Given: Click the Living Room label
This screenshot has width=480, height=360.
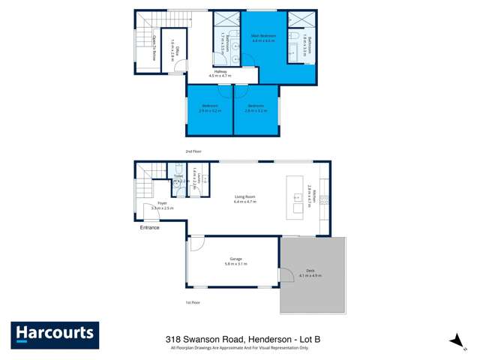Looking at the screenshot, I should click(x=245, y=199).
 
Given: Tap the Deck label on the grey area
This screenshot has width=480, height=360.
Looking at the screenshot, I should click(x=310, y=273).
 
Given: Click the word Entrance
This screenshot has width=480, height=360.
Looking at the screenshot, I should click(x=148, y=227).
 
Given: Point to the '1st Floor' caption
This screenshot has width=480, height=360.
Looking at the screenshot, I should click(x=193, y=302).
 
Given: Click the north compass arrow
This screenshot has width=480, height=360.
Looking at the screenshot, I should click(x=454, y=341).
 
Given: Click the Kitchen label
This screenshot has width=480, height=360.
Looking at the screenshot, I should click(x=309, y=197).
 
